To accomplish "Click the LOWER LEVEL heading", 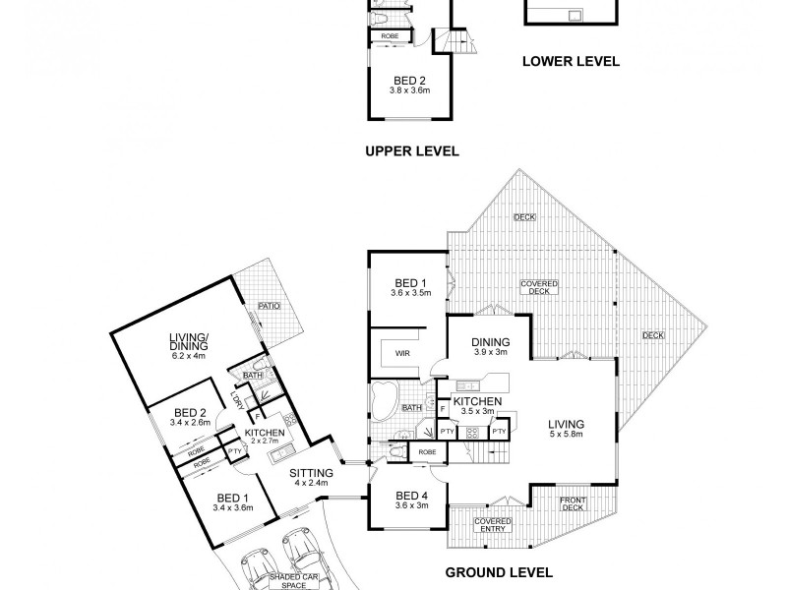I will point(570,61).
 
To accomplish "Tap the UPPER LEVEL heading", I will point(411,151).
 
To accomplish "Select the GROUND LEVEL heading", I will point(499,571).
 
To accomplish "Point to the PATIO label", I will point(270,306).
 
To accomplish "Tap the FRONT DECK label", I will point(574,505).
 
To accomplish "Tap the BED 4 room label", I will point(407,499).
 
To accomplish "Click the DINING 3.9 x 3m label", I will point(490,346).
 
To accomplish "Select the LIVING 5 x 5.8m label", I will point(567,429).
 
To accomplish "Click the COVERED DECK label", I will point(539,286).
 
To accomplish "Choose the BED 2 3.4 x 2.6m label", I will point(190,417).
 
